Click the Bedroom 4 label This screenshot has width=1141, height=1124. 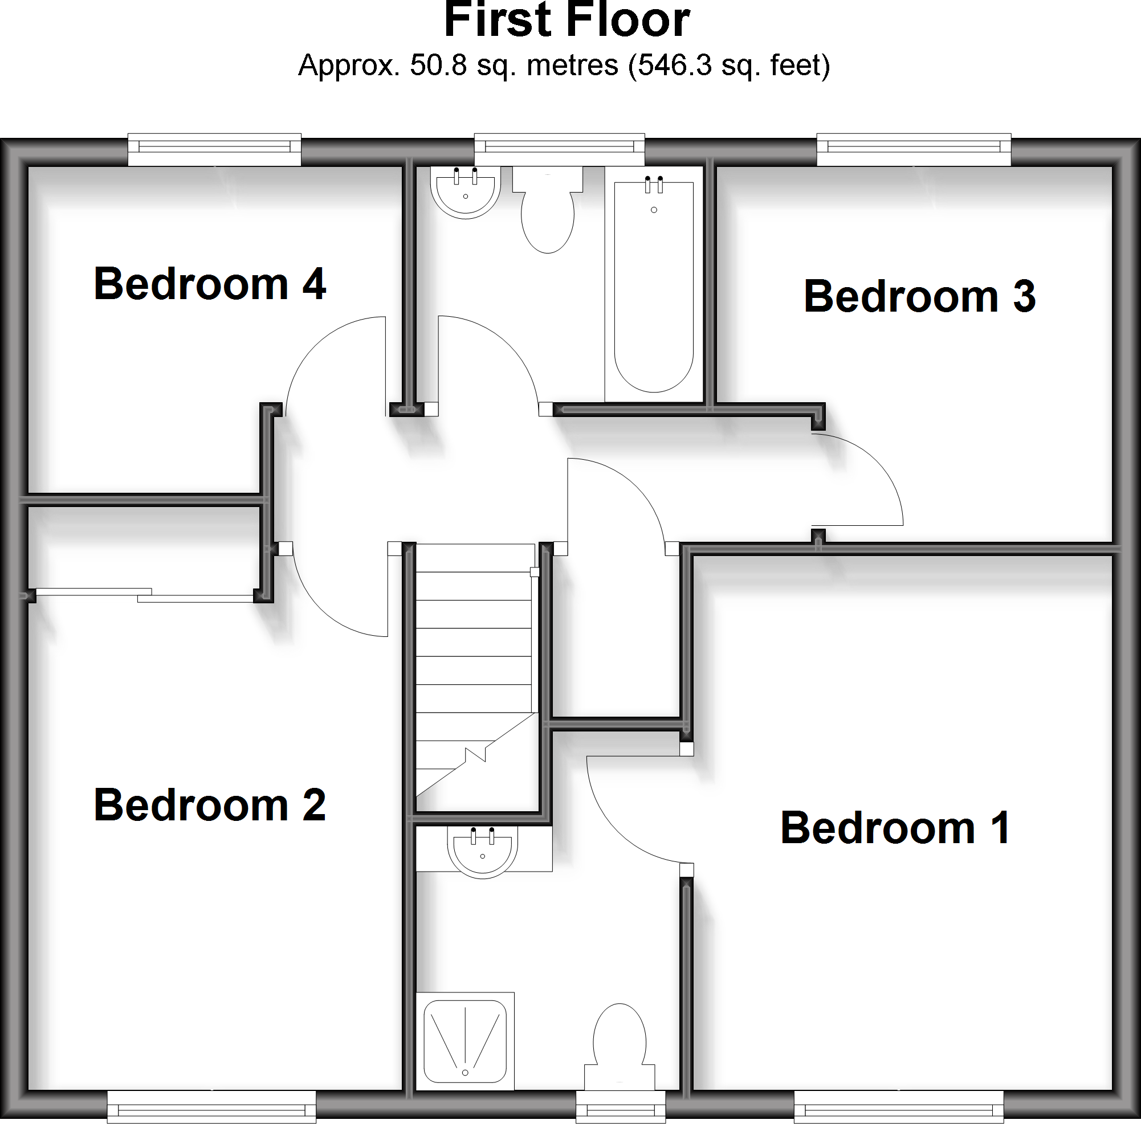[210, 284]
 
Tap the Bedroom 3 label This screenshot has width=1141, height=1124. [919, 296]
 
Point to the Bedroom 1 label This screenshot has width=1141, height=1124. [895, 828]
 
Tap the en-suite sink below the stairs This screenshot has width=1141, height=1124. [483, 851]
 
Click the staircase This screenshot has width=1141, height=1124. [474, 673]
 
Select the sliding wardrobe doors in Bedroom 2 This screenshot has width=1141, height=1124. [145, 595]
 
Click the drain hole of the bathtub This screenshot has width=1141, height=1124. [654, 210]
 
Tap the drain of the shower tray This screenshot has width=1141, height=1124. [466, 1073]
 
